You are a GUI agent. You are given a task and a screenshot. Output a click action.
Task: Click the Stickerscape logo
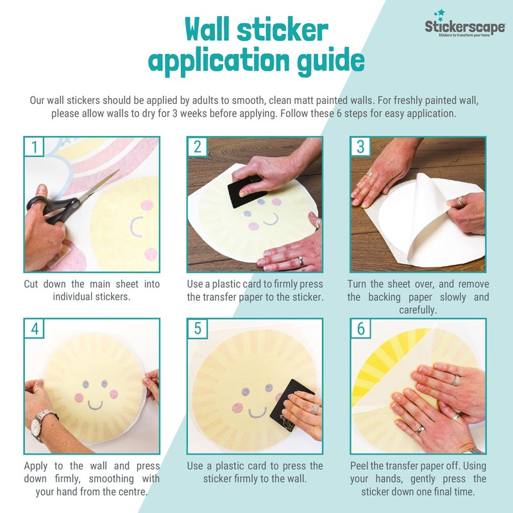click(464, 24)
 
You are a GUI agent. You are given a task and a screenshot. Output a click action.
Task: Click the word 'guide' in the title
click(330, 62)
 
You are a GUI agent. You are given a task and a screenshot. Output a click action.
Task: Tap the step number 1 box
click(34, 147)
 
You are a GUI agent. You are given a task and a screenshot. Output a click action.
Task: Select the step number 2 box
click(197, 147)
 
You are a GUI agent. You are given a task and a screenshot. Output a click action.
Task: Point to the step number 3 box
click(360, 147)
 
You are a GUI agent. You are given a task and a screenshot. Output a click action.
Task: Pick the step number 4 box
click(34, 328)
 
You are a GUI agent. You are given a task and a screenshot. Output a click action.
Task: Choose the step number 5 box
click(197, 328)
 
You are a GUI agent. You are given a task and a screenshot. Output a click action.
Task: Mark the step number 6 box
click(360, 328)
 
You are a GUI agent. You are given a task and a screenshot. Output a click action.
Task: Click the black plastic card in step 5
click(290, 406)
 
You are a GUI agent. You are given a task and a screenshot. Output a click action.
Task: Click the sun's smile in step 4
click(95, 406)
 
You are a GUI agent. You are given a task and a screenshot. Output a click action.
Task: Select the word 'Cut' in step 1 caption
click(31, 284)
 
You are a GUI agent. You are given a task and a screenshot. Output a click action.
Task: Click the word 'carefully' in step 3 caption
click(418, 310)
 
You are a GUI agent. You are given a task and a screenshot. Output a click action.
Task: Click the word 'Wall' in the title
click(206, 29)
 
